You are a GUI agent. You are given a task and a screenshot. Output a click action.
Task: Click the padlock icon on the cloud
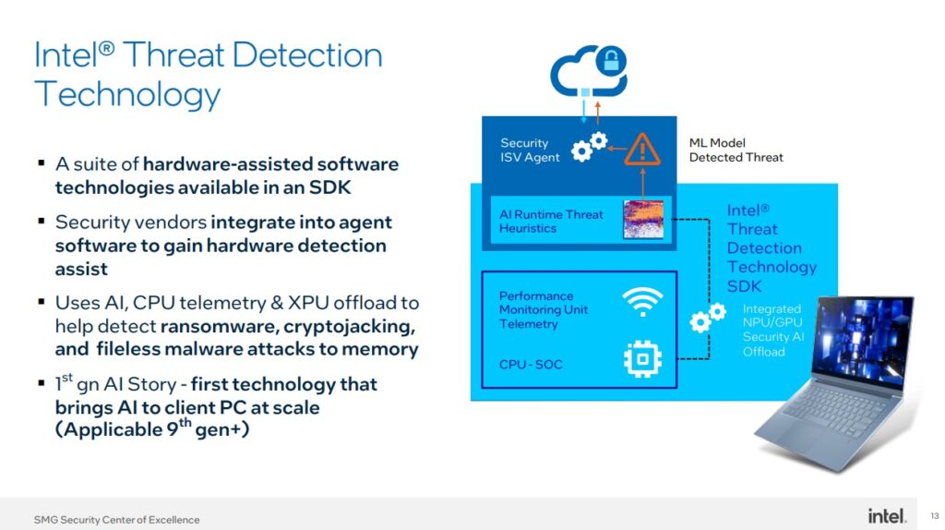click(x=611, y=62)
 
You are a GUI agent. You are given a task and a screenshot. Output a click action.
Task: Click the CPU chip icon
click(x=642, y=359)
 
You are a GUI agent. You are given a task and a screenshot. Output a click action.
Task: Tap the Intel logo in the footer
click(x=887, y=515)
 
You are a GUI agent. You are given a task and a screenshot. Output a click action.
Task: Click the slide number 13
click(x=934, y=515)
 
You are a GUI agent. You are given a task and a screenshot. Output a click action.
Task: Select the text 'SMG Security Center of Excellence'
click(x=116, y=519)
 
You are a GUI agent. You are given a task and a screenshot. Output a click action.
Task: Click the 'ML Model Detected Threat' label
click(x=736, y=151)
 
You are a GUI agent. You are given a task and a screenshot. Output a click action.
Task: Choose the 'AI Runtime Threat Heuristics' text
click(x=551, y=221)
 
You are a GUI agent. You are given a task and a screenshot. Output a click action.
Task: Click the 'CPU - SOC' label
click(x=531, y=364)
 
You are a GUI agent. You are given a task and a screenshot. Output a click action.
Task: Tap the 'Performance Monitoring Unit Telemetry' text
click(x=543, y=310)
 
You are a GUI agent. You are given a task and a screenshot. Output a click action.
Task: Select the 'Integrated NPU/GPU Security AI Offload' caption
click(x=772, y=330)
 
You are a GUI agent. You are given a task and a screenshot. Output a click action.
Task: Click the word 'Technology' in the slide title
click(x=127, y=94)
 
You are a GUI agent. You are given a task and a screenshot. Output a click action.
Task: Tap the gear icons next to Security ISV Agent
click(x=589, y=147)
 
